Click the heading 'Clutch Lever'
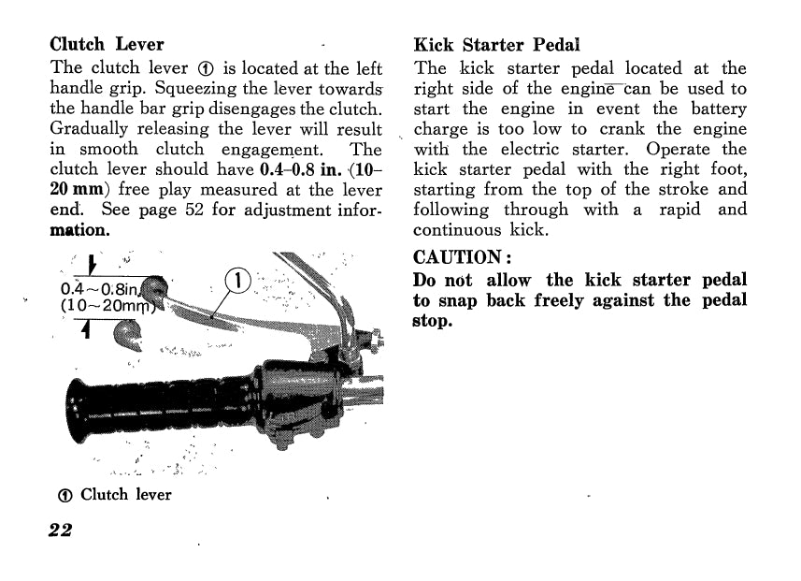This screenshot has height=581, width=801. [107, 44]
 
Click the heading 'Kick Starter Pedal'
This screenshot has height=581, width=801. [496, 44]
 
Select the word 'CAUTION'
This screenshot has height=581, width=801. [454, 256]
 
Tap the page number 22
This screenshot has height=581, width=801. [61, 530]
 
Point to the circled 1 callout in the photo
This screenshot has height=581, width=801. [240, 280]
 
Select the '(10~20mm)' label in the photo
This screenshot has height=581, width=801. [105, 305]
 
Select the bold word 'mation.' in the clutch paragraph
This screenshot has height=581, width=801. [79, 229]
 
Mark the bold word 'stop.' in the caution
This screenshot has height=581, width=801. [432, 321]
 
